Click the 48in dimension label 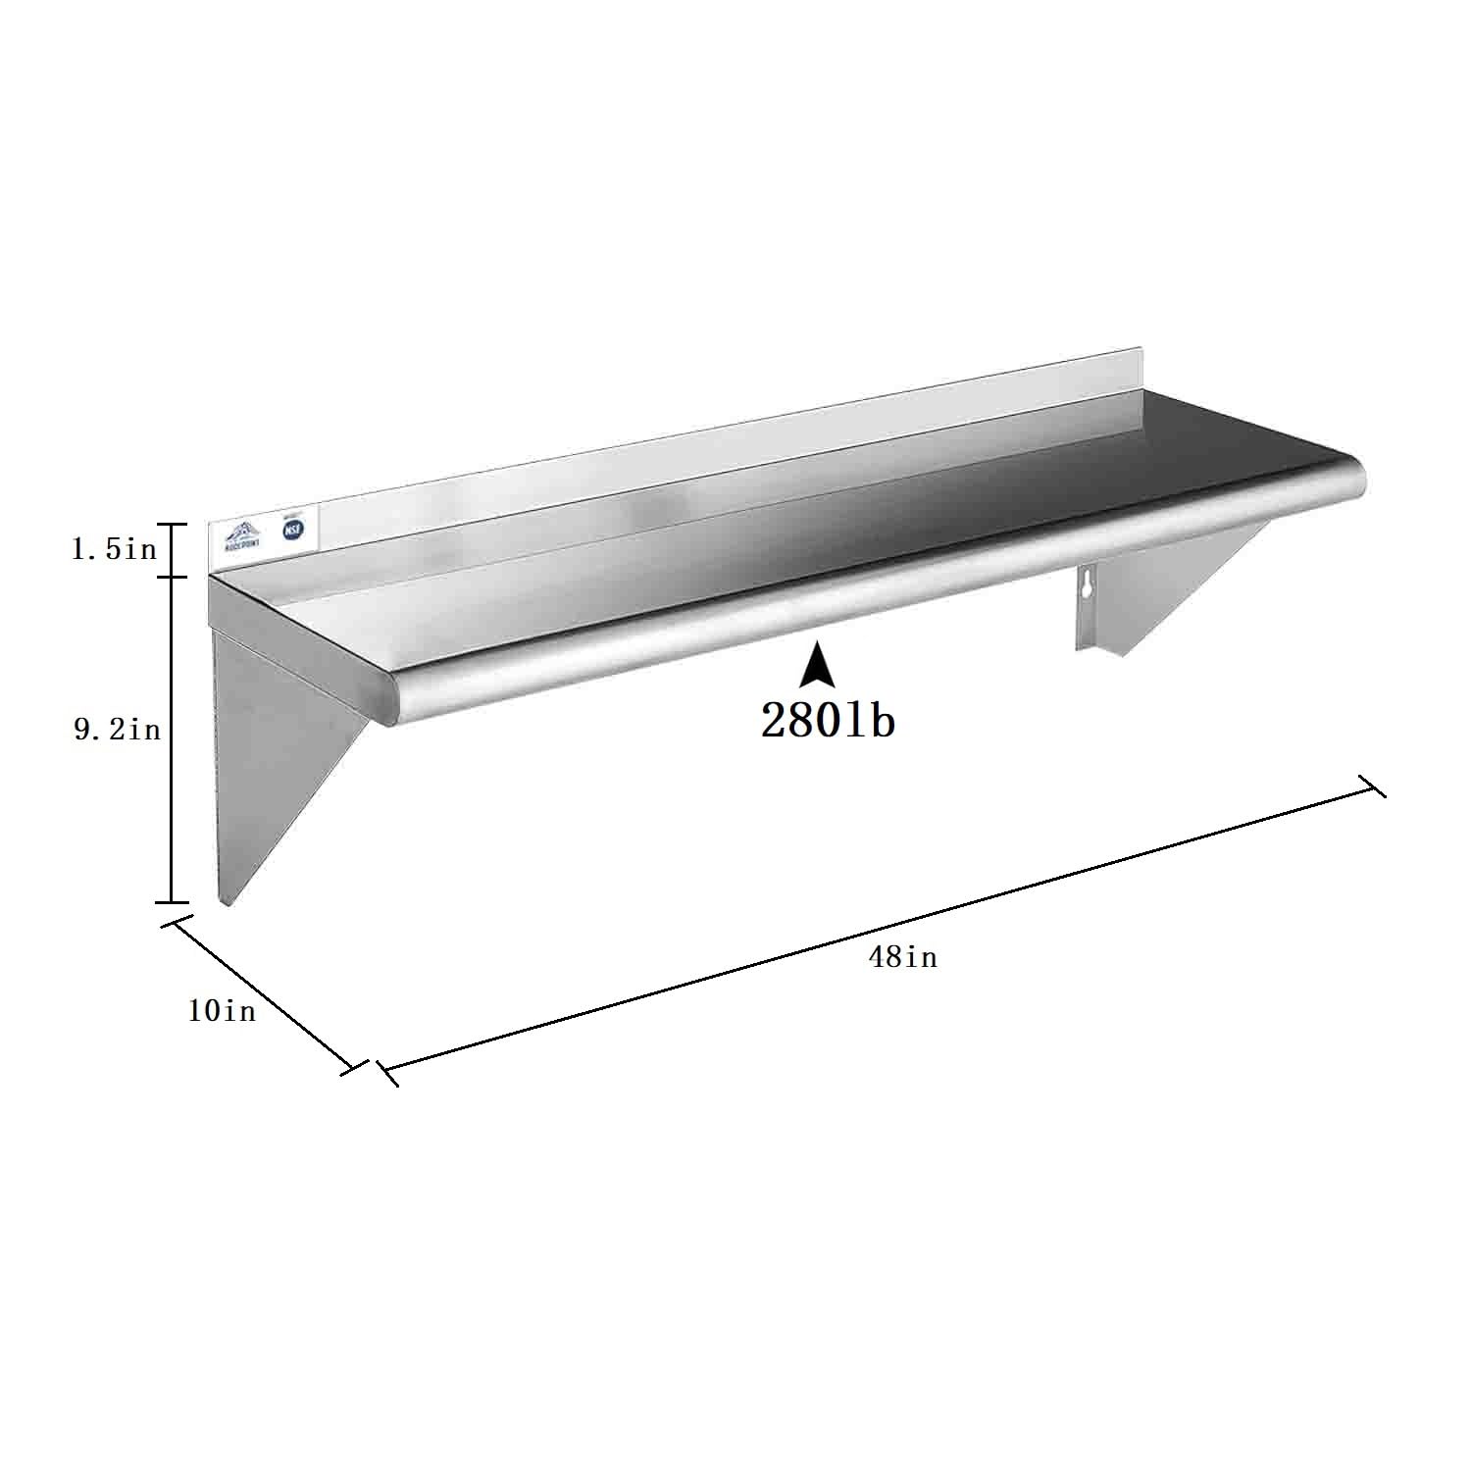pos(902,956)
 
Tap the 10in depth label pos(222,1010)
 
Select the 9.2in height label pos(117,730)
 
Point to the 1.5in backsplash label pos(114,549)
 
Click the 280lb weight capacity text pos(828,722)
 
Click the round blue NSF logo pos(290,530)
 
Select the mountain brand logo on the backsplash pos(242,534)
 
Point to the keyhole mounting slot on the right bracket pos(1086,588)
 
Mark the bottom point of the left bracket pos(227,902)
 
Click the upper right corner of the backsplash pos(1142,348)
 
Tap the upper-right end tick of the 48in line pos(1371,786)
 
